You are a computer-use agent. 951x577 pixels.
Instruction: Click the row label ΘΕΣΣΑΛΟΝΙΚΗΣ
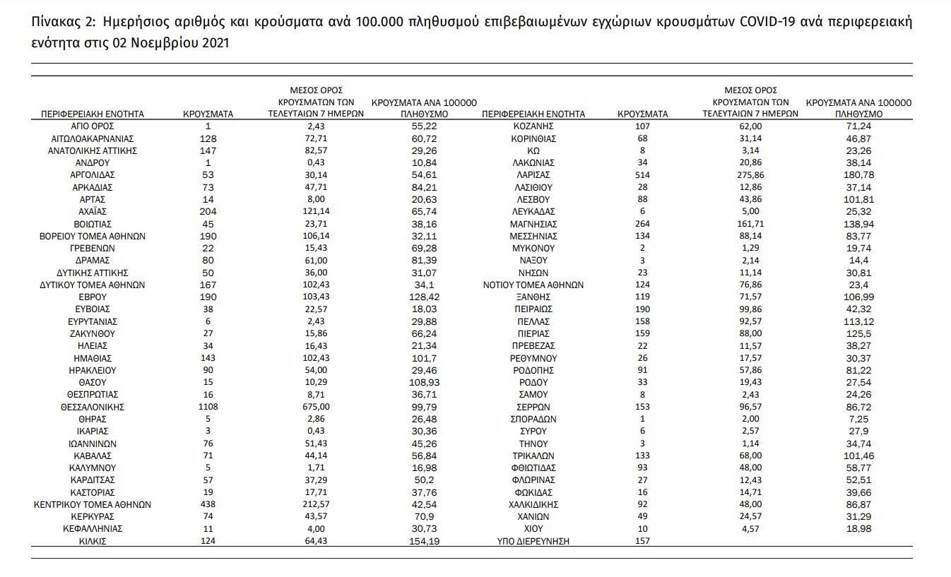(x=93, y=407)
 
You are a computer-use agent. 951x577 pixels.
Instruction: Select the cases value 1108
(x=208, y=407)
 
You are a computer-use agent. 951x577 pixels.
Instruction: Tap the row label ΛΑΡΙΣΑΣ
(x=533, y=174)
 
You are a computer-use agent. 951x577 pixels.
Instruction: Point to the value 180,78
(x=858, y=174)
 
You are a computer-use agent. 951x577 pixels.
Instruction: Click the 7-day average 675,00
(x=316, y=407)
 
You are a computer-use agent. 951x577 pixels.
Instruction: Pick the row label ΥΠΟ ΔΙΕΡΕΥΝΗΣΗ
(x=533, y=542)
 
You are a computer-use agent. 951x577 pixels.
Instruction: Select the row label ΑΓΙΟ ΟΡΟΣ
(x=93, y=126)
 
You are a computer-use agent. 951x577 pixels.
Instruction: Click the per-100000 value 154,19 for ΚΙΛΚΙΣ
(x=425, y=542)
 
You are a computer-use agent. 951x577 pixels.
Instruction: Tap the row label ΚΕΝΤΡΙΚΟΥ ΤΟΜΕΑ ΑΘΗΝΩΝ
(x=93, y=505)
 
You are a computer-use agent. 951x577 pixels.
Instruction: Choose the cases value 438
(x=208, y=505)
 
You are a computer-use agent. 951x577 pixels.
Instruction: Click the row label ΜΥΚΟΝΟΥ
(x=533, y=248)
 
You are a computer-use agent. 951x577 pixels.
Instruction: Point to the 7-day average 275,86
(x=750, y=174)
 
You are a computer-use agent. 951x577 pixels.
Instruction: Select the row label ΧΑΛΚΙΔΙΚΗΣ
(x=533, y=505)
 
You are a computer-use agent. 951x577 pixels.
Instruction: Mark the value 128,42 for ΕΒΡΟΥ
(x=425, y=297)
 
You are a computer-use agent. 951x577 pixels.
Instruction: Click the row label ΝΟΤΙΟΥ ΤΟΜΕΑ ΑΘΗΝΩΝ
(x=533, y=285)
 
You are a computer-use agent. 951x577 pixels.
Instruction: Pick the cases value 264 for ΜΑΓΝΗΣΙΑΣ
(x=642, y=223)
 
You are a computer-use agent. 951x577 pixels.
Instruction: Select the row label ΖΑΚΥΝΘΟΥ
(x=93, y=333)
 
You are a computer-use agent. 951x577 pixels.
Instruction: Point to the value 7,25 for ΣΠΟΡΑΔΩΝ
(x=858, y=419)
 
